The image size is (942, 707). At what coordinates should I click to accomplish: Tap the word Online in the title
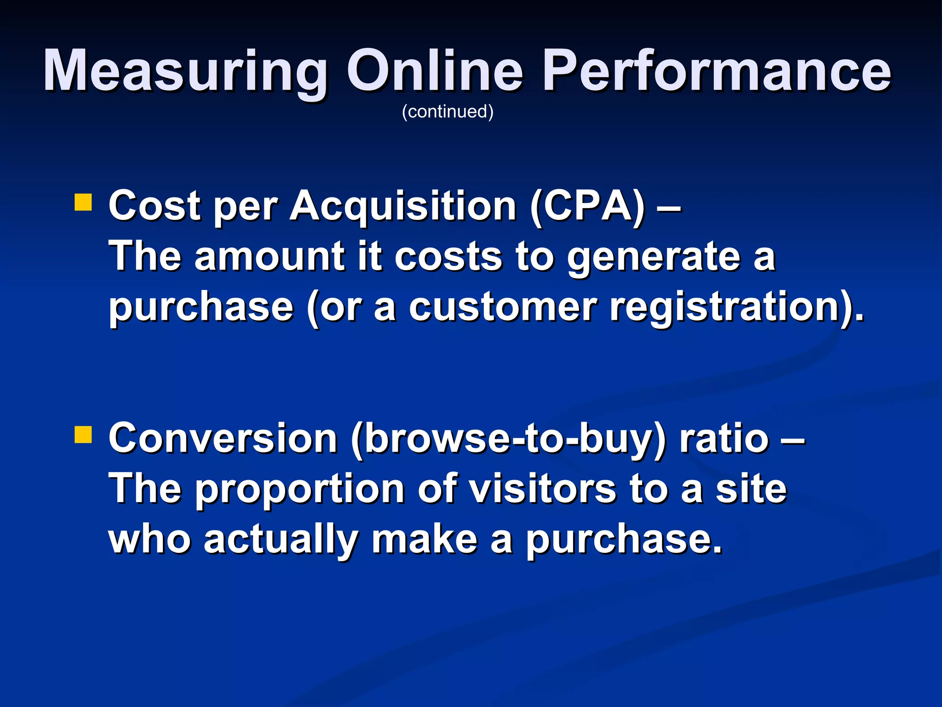(434, 71)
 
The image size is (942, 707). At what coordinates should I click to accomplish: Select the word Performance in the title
(717, 71)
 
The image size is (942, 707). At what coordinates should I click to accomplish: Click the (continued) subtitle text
(448, 111)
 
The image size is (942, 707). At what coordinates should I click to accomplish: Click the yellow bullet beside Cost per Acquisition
(83, 202)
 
